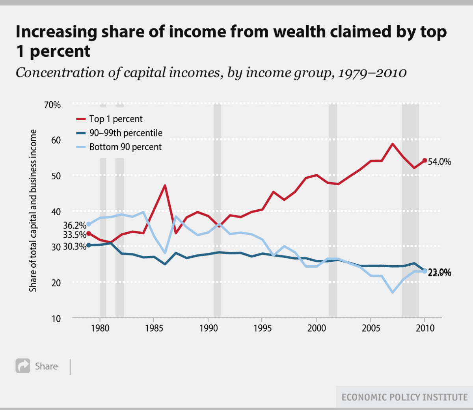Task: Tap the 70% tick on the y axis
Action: click(52, 105)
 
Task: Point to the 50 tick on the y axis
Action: click(56, 176)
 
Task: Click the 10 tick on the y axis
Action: click(56, 319)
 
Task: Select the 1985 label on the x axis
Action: click(154, 328)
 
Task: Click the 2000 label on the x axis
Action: click(317, 328)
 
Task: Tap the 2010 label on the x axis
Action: click(425, 328)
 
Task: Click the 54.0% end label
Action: click(439, 162)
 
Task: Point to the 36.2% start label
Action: click(74, 225)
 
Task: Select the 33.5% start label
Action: click(74, 235)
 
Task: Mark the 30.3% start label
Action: click(74, 247)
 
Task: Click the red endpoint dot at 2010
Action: click(425, 160)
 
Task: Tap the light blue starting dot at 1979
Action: click(89, 224)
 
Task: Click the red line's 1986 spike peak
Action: click(165, 185)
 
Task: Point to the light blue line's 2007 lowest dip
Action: click(393, 292)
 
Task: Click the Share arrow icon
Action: click(23, 366)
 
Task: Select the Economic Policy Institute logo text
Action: click(404, 397)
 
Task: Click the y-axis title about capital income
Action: click(33, 211)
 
